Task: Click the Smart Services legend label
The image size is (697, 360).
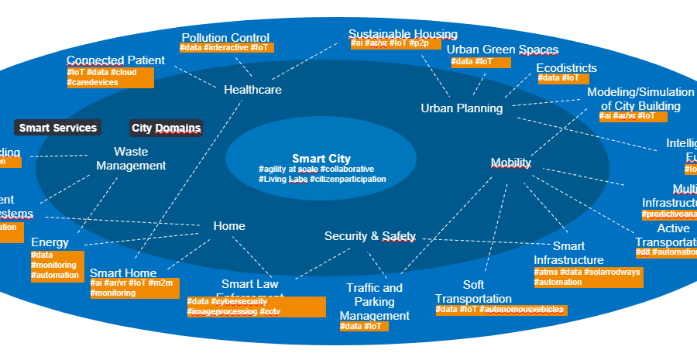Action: [58, 128]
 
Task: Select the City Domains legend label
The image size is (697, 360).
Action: [166, 128]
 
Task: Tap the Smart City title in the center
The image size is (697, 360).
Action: [321, 159]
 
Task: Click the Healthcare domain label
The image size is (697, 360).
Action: [252, 90]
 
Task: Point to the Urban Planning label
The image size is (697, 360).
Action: [462, 108]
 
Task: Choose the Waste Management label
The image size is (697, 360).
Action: [131, 159]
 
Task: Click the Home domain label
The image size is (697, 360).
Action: [229, 226]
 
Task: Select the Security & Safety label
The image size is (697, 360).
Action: [369, 236]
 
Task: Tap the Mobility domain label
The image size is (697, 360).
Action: [511, 163]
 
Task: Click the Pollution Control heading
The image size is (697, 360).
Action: [225, 37]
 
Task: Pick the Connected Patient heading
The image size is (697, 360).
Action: [115, 60]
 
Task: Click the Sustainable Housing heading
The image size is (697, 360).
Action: [403, 34]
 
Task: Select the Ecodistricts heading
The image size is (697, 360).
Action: [567, 67]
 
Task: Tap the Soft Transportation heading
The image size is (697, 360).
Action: [473, 292]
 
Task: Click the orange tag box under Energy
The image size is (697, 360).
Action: [56, 266]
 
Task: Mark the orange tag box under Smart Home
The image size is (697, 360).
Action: [135, 288]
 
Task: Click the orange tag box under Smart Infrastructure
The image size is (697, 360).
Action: [588, 277]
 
